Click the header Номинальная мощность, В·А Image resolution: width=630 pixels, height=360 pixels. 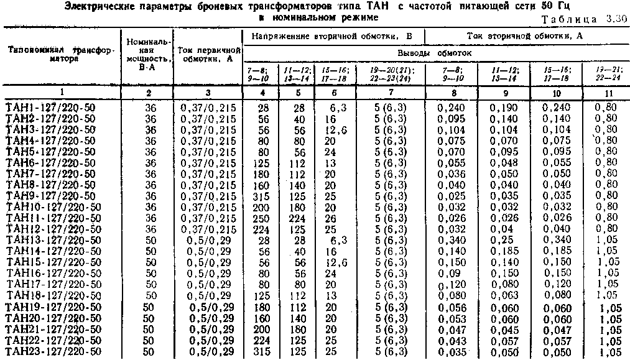tap(149, 53)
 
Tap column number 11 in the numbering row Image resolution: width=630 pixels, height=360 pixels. tap(605, 93)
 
